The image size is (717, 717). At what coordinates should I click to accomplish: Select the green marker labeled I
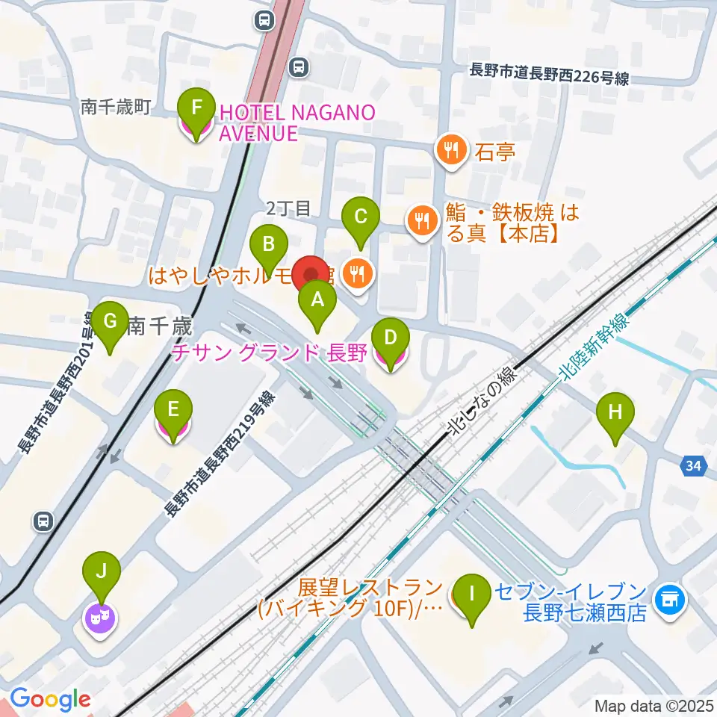(471, 595)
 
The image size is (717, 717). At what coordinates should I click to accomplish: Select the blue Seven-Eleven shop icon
(668, 598)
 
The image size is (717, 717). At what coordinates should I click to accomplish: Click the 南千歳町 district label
(116, 108)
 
